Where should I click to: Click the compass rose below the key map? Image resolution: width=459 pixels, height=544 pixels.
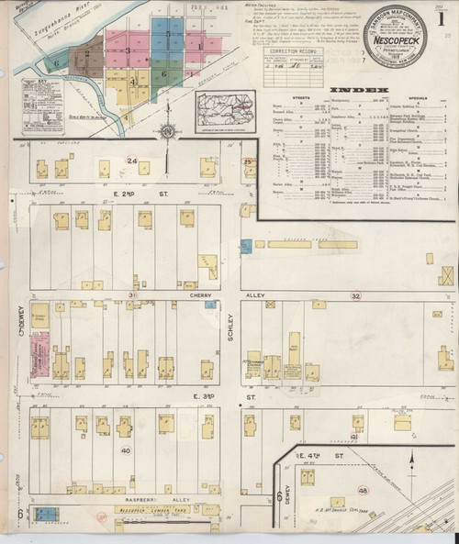[x=167, y=131]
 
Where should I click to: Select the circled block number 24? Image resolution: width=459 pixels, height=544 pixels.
[x=133, y=161]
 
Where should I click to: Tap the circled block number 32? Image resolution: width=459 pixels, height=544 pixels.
[x=355, y=295]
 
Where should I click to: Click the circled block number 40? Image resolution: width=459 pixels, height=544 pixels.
[x=126, y=450]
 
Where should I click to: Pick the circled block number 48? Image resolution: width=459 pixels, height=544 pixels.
[x=364, y=490]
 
